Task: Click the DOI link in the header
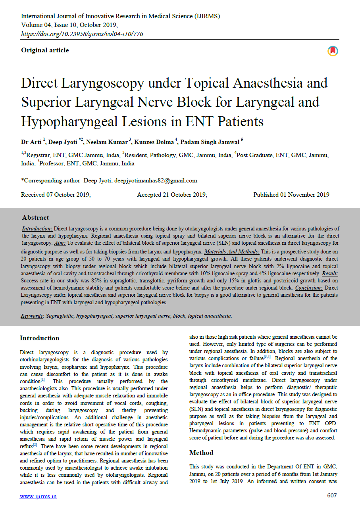[82, 34]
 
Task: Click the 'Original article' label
[45, 50]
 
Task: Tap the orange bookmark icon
[333, 51]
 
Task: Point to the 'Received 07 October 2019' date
[56, 195]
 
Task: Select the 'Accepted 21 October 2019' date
[172, 195]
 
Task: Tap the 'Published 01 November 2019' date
[291, 195]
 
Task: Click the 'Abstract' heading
[35, 218]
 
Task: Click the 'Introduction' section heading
[40, 338]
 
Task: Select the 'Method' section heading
[201, 453]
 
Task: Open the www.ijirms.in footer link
[38, 496]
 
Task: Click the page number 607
[332, 496]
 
